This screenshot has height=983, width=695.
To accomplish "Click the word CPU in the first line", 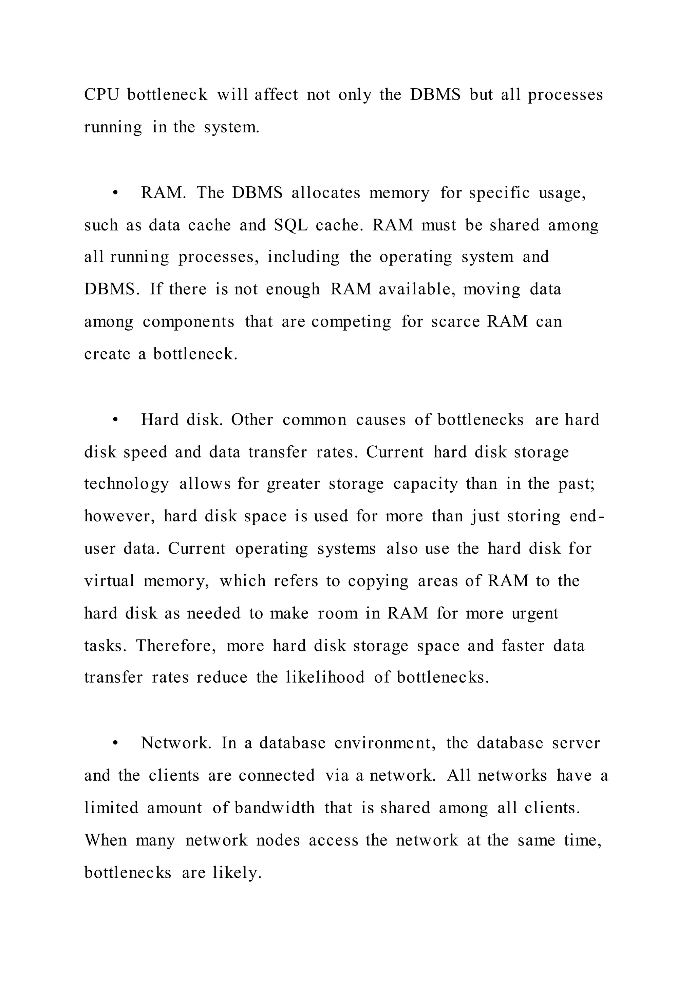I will point(101,95).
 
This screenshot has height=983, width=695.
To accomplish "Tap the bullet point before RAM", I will point(115,193).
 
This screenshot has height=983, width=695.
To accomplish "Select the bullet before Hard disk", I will point(115,420).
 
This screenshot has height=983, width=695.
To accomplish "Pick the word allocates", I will point(326,193).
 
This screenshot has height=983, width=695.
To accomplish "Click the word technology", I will point(127,485).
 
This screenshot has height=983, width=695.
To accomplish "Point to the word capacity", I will point(426,485).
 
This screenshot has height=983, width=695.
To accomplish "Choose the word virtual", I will point(109,581).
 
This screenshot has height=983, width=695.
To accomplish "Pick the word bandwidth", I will point(274,808).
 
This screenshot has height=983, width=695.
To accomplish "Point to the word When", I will point(106,840).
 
